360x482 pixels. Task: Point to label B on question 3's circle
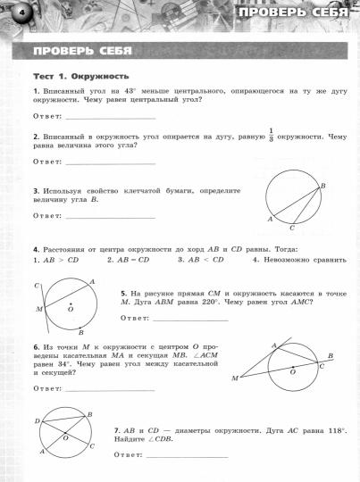[322, 185]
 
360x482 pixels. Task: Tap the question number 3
[34, 191]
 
